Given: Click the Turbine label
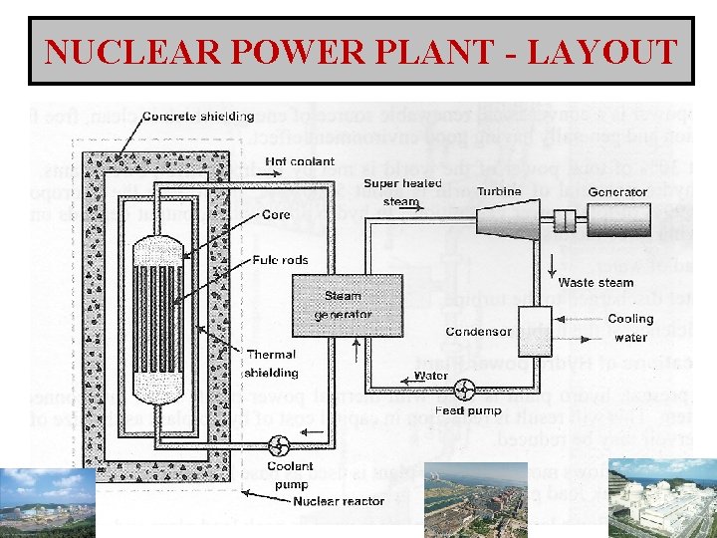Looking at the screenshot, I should tap(498, 191).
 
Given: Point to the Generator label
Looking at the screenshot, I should tap(616, 192).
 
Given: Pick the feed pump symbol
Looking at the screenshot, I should tap(464, 387).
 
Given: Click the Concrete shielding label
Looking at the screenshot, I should tap(198, 117).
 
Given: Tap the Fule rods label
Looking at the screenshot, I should tap(281, 261).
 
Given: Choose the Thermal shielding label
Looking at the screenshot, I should tap(271, 363).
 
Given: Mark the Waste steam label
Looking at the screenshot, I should tap(596, 283).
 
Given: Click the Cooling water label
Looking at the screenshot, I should tap(629, 328).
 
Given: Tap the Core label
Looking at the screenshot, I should tap(276, 214).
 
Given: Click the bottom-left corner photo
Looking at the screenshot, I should tap(47, 503).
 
